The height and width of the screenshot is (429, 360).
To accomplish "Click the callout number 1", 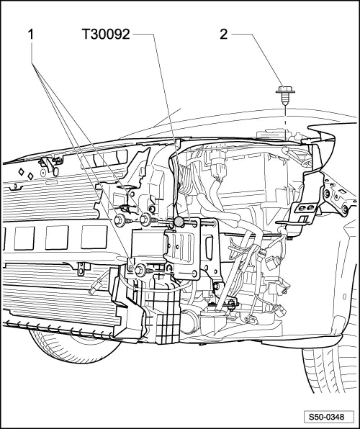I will (32, 34).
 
